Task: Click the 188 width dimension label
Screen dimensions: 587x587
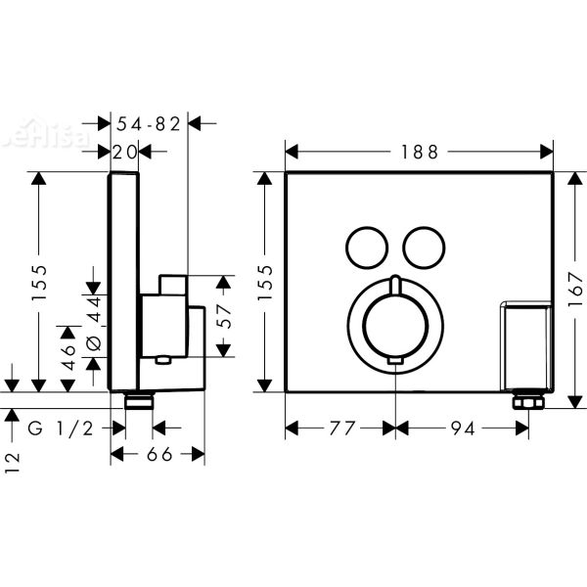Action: coord(418,151)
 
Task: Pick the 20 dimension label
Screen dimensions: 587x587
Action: coord(124,151)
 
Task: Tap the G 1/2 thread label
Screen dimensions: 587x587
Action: coord(61,428)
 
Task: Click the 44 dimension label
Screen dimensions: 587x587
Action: coord(95,311)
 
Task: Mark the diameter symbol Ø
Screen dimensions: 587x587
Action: coord(95,342)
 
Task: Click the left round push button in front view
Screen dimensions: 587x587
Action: coord(365,245)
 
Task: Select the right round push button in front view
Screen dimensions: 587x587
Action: coord(425,245)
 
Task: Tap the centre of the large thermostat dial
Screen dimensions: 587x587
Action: coord(394,321)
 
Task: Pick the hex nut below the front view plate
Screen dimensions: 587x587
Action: coord(526,401)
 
